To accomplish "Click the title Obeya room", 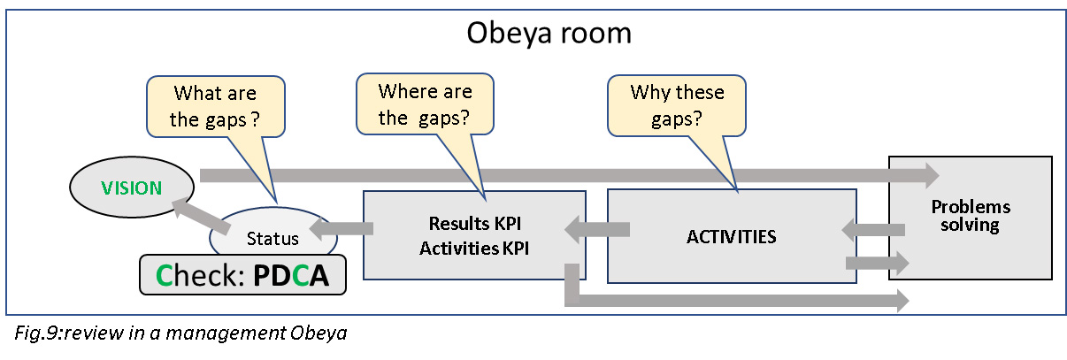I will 549,34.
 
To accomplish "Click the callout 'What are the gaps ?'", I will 216,105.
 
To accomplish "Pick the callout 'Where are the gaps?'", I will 424,103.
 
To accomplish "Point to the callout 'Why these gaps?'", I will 676,105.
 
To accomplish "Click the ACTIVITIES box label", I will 731,237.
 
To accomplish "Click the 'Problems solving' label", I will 970,216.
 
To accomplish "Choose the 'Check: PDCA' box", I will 242,275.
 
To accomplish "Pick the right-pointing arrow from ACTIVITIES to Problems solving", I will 877,262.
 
